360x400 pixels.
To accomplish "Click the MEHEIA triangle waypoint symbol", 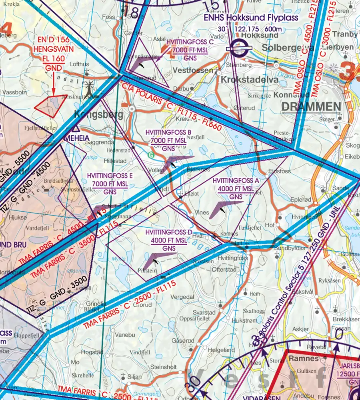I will point(74,129).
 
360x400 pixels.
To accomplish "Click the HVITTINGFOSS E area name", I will point(112,176).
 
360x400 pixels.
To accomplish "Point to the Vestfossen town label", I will point(194,70).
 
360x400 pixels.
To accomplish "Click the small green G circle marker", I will point(150,154).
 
